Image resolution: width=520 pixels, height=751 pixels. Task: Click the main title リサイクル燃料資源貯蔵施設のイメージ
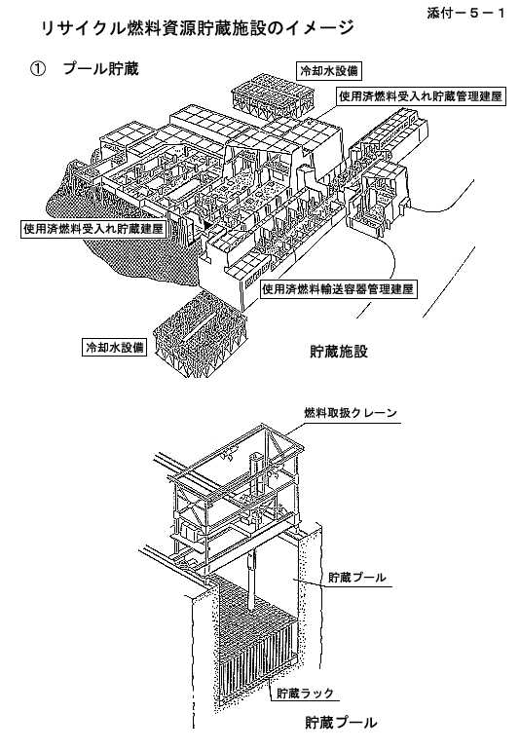(198, 28)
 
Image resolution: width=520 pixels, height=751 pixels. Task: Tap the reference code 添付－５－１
(465, 13)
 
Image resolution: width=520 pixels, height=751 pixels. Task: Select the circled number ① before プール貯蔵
(38, 70)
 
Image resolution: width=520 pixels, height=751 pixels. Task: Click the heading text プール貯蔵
(100, 69)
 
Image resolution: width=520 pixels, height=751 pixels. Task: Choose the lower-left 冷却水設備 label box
(114, 347)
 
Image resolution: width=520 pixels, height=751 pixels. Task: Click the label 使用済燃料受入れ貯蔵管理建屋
(421, 96)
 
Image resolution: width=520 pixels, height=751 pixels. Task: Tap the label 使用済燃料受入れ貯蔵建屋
(93, 229)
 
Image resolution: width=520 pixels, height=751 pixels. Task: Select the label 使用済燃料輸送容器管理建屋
(338, 289)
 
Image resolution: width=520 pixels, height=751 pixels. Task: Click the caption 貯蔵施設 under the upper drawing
(339, 352)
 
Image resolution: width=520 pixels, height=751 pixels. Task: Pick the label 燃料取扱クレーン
(351, 412)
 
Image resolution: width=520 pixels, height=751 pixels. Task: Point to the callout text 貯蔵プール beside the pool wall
(356, 578)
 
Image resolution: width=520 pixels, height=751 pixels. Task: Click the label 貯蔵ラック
(305, 693)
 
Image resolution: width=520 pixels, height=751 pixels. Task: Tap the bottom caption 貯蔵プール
(341, 722)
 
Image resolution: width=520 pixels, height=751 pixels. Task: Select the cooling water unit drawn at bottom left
(200, 333)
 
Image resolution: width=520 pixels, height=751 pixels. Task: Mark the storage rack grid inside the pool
(259, 637)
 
